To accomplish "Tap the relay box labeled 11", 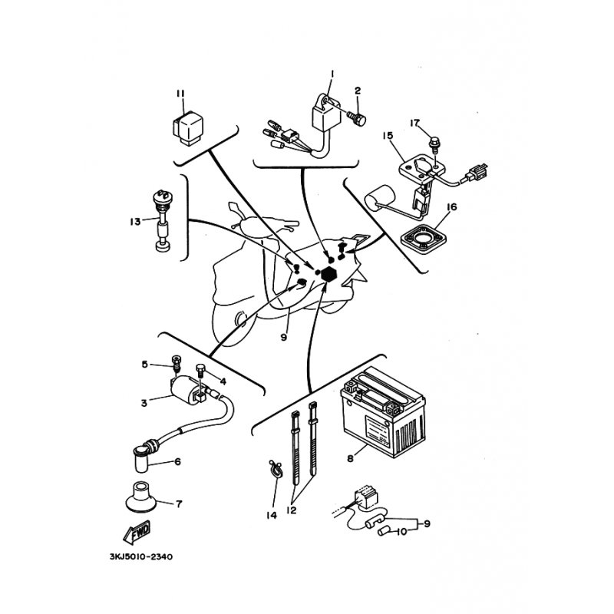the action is point(189,123).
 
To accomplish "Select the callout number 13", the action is point(134,222).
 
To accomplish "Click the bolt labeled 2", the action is point(358,117).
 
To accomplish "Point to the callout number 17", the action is point(414,122).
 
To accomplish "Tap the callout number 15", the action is point(387,135).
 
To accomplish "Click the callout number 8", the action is point(350,458).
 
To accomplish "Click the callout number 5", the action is point(144,364).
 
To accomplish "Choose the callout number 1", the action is point(332,74).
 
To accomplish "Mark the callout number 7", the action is point(179,504).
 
